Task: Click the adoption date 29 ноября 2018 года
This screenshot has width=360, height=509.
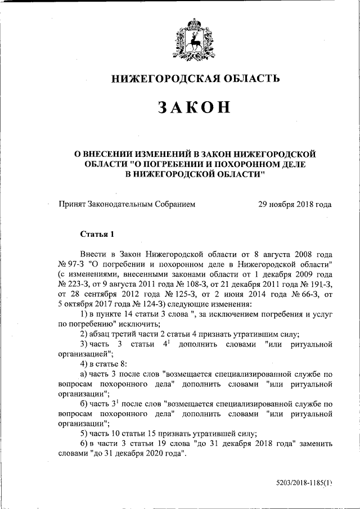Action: (x=294, y=205)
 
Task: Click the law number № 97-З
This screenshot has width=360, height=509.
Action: (x=71, y=264)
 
